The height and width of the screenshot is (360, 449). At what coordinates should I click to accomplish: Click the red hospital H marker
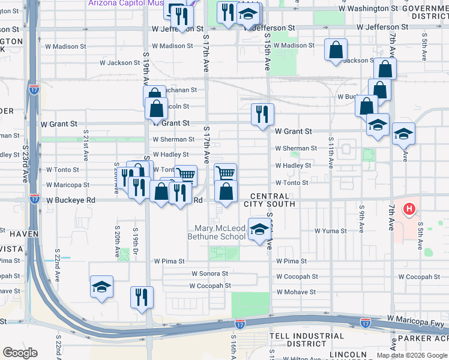tap(409, 209)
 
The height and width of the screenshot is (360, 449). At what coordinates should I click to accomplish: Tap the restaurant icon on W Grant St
tap(262, 114)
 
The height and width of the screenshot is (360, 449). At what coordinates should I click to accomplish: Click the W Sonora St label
tap(211, 273)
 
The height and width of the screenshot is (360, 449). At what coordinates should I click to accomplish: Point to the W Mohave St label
tap(295, 292)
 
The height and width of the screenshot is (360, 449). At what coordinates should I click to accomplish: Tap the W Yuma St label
tap(331, 230)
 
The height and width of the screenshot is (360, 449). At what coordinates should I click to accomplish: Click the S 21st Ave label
tap(86, 145)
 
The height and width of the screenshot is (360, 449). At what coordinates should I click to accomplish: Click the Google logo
tap(20, 353)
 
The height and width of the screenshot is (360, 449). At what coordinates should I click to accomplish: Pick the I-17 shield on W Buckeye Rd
tap(34, 199)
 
